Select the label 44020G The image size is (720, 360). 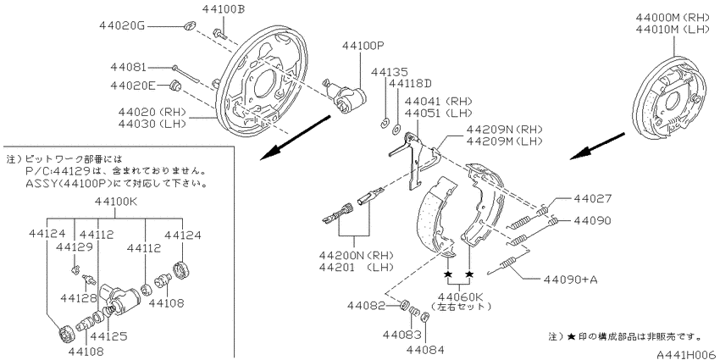click(122, 26)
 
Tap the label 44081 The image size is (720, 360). click(128, 68)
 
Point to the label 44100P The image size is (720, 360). click(363, 46)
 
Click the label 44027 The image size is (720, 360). click(592, 198)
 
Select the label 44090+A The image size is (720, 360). click(570, 280)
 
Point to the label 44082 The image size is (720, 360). click(366, 305)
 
